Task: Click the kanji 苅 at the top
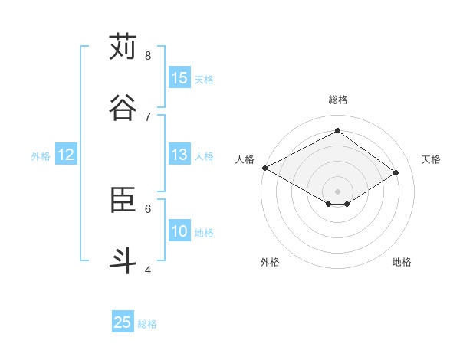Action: (123, 47)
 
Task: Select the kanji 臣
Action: (123, 199)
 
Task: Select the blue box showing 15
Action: (179, 77)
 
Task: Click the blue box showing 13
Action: (179, 154)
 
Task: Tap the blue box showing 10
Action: (179, 231)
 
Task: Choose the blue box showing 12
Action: (66, 155)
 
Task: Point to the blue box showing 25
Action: (123, 322)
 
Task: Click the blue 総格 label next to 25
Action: (147, 324)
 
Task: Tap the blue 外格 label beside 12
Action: (41, 156)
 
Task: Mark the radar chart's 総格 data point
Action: (337, 131)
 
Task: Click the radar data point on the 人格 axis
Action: (264, 168)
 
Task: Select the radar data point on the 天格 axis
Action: (396, 172)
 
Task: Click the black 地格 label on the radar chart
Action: (402, 262)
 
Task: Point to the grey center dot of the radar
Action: (337, 191)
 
